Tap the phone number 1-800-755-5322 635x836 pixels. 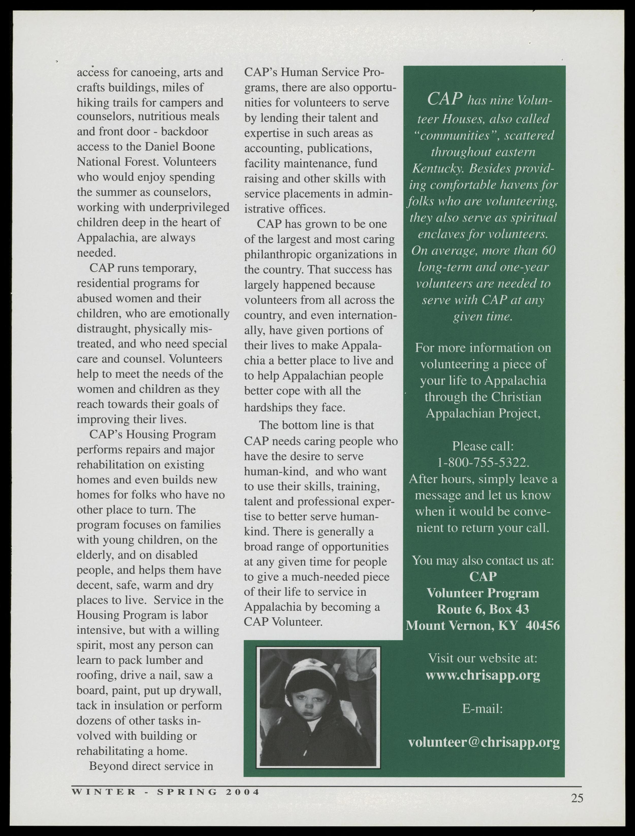(x=483, y=462)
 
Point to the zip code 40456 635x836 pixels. (x=543, y=626)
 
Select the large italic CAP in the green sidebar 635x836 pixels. (x=445, y=99)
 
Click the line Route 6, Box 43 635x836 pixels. (x=483, y=609)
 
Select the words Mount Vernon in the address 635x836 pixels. (x=450, y=626)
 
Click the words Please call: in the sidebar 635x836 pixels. (x=483, y=446)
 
